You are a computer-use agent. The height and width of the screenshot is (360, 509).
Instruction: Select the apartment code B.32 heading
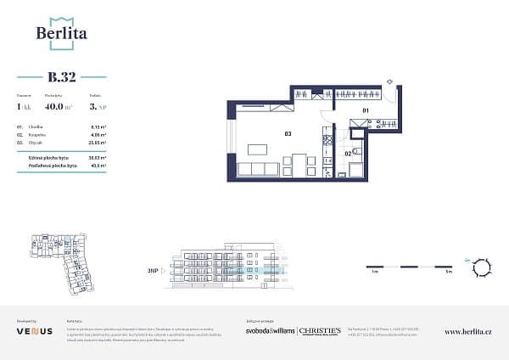61,77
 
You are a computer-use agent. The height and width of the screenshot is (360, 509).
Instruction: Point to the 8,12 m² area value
98,126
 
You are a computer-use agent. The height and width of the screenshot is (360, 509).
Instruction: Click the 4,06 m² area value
98,134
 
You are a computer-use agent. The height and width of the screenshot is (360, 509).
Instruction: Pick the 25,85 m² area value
98,142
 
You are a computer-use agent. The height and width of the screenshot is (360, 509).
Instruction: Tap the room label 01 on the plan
366,111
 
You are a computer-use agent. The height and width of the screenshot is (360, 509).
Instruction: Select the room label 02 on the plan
349,153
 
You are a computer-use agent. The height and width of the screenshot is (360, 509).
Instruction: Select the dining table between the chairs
299,161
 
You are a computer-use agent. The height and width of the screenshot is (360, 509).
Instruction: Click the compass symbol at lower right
482,267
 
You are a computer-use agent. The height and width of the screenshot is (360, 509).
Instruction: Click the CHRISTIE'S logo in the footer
321,329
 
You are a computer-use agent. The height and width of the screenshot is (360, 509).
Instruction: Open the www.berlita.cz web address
469,331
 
